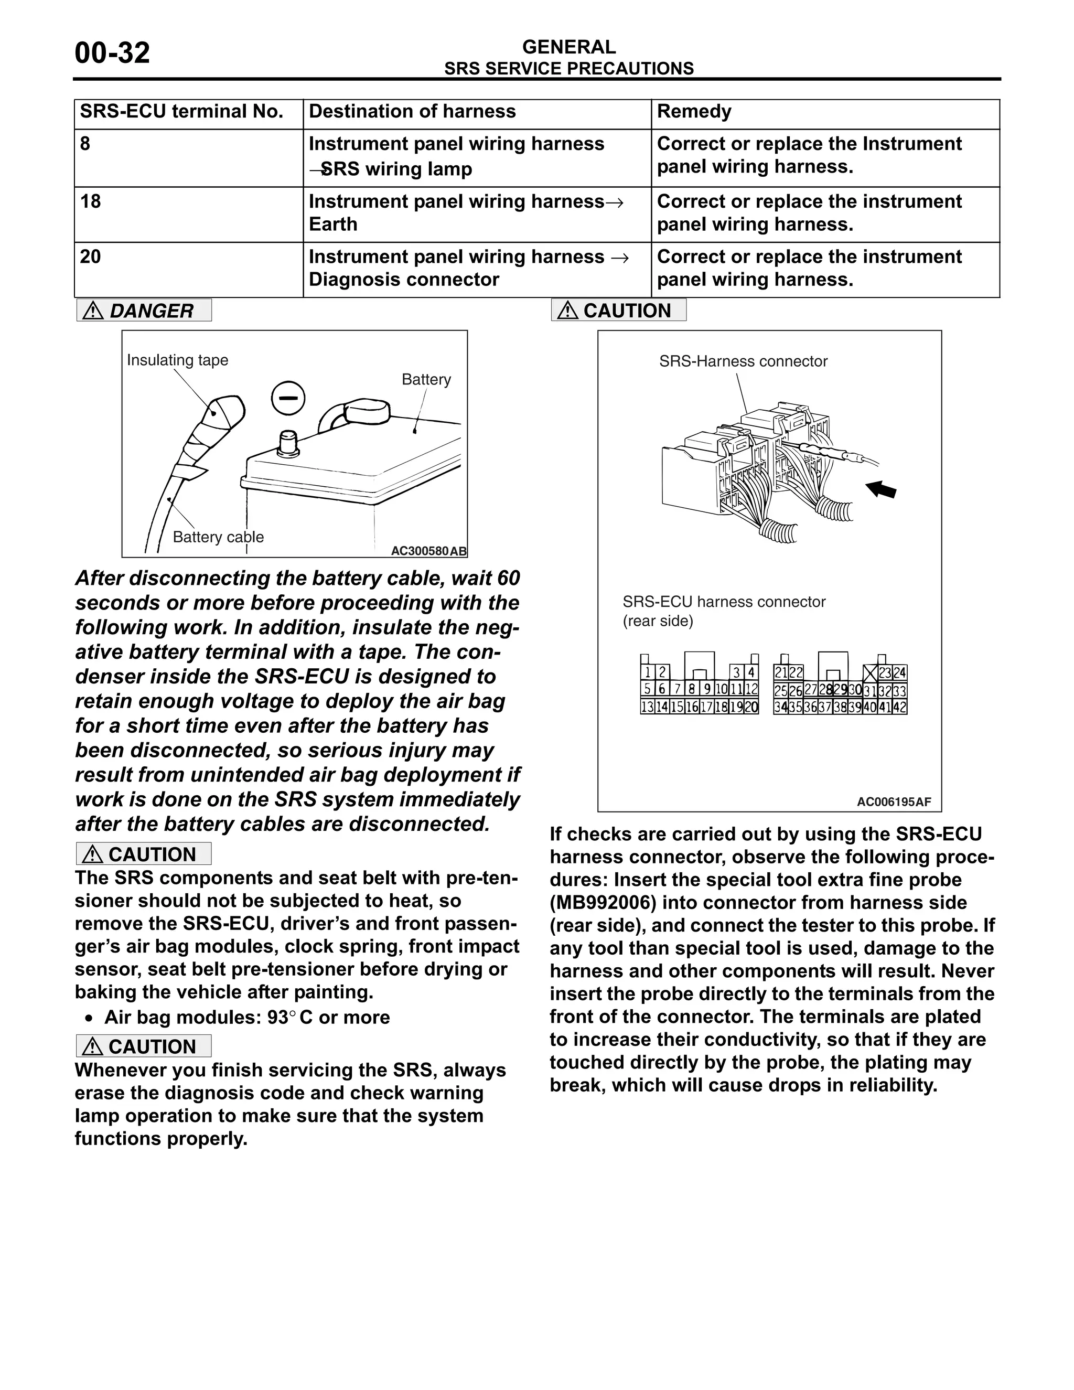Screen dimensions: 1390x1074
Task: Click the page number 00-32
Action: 112,53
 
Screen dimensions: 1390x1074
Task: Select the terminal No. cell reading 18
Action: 90,202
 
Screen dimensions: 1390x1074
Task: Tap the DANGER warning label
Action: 144,311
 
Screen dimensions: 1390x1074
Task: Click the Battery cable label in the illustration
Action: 218,537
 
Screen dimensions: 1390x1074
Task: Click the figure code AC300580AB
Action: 428,551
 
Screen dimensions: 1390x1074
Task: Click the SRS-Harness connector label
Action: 743,361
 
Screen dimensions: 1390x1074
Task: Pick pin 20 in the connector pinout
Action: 751,707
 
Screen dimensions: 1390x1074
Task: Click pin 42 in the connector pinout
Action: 900,707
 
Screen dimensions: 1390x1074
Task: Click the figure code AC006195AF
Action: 893,802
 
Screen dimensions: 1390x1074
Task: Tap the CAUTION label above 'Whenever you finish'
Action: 144,1047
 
